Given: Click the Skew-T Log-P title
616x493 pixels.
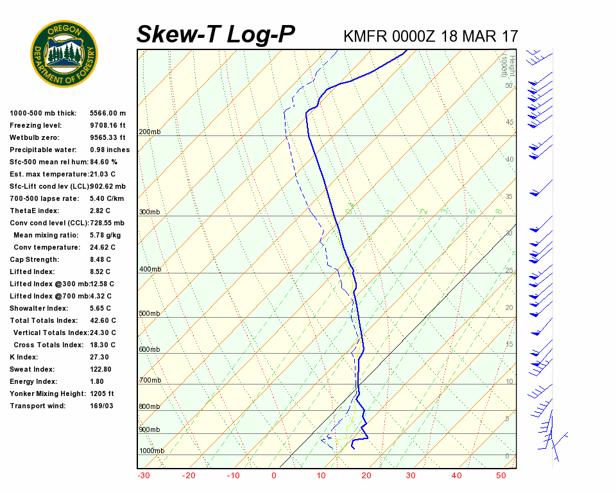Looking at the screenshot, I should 216,35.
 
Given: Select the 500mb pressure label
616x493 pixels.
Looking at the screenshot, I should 150,313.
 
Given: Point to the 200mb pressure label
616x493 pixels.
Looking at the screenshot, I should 150,132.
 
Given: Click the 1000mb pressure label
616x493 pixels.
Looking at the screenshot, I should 151,451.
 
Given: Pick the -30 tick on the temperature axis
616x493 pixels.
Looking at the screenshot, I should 144,476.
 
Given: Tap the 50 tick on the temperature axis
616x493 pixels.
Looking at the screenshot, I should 501,476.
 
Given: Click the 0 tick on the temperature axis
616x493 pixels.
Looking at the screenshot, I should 273,476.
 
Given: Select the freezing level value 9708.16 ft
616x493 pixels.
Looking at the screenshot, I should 108,125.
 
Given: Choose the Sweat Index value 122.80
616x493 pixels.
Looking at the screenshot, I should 101,369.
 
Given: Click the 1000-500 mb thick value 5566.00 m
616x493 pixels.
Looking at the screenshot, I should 108,113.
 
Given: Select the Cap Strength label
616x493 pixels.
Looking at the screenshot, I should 34,259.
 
